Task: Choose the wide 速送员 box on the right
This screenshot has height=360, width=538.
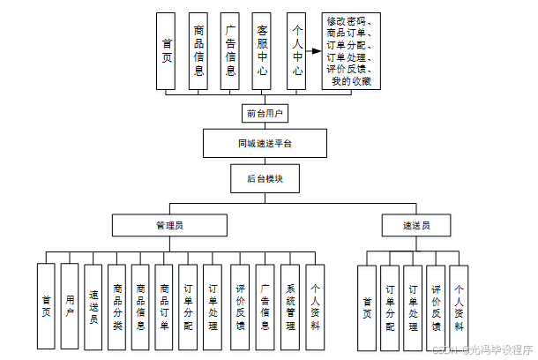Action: [416, 226]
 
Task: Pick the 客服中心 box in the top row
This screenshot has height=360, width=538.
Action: [260, 51]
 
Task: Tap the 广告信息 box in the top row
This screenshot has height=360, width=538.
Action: [229, 51]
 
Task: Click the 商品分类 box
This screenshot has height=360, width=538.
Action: [117, 307]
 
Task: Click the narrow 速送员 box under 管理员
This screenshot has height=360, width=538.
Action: [93, 307]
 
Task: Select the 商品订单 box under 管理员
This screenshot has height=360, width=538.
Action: [163, 307]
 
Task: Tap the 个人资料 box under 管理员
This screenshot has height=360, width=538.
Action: [315, 307]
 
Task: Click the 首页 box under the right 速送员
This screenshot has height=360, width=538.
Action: [368, 307]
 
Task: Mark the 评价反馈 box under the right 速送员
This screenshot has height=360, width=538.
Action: [436, 307]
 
